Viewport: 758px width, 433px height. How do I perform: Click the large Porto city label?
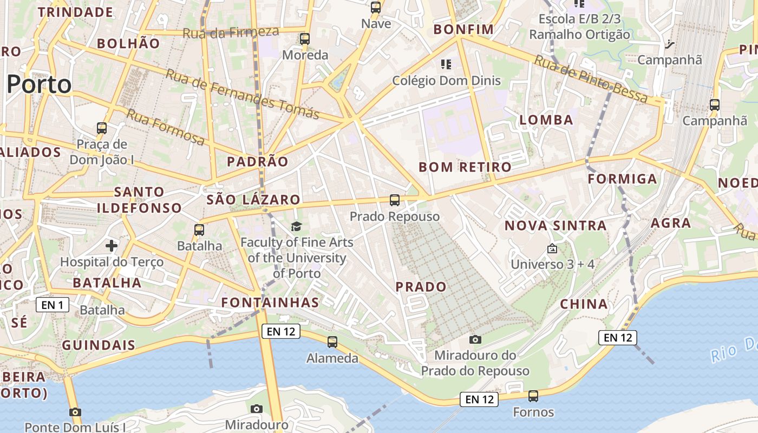pos(39,85)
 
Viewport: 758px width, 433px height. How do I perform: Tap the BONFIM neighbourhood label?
pos(464,29)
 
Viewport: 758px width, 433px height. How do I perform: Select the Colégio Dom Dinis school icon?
pos(446,65)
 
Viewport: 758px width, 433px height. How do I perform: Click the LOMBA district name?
pos(546,120)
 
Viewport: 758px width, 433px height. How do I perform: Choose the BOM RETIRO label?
pos(465,167)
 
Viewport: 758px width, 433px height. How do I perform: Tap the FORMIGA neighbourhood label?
pos(622,179)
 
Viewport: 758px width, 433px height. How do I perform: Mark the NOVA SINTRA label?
pos(556,226)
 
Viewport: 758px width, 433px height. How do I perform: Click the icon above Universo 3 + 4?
pos(552,249)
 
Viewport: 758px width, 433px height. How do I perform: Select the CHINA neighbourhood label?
pos(584,304)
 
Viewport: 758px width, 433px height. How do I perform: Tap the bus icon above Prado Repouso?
pos(395,200)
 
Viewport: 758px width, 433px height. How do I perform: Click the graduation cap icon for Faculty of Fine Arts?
pos(296,226)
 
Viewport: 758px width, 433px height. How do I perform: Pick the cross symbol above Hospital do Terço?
pos(112,246)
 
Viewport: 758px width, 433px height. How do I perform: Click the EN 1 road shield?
pos(53,305)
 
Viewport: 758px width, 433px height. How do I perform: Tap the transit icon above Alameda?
pos(332,342)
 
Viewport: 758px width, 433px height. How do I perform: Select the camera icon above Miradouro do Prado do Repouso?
pos(475,339)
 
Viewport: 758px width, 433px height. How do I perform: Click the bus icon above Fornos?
pos(533,396)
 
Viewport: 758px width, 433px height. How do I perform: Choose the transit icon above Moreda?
pos(305,39)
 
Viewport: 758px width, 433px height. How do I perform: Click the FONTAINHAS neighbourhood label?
pos(271,303)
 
